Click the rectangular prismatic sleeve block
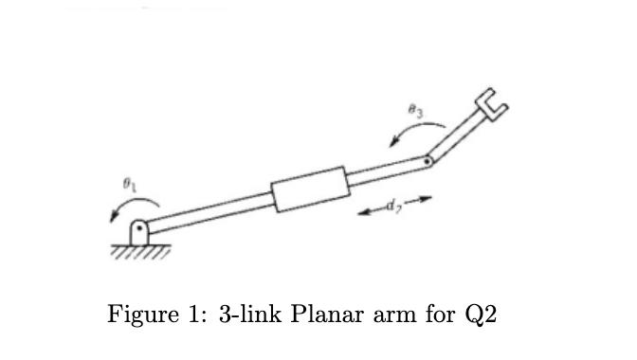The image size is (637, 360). [309, 189]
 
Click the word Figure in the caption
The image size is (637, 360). [152, 315]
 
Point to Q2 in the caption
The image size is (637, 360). [479, 315]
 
